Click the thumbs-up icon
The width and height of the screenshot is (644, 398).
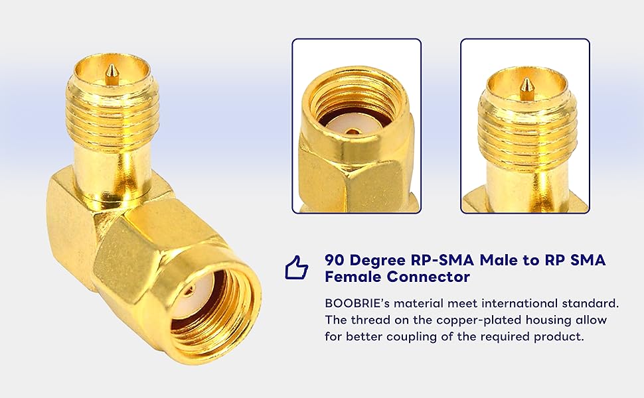[297, 267]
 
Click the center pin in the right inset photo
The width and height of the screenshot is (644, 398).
[525, 86]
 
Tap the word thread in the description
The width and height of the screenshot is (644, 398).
[366, 320]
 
